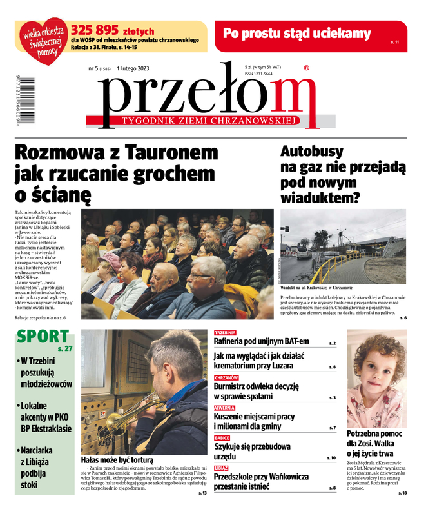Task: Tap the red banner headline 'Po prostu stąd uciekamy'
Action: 297,34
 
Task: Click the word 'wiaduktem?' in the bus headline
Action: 320,197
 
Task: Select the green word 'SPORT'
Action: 43,336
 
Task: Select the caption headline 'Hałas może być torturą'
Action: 117,461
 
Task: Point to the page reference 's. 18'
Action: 403,493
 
